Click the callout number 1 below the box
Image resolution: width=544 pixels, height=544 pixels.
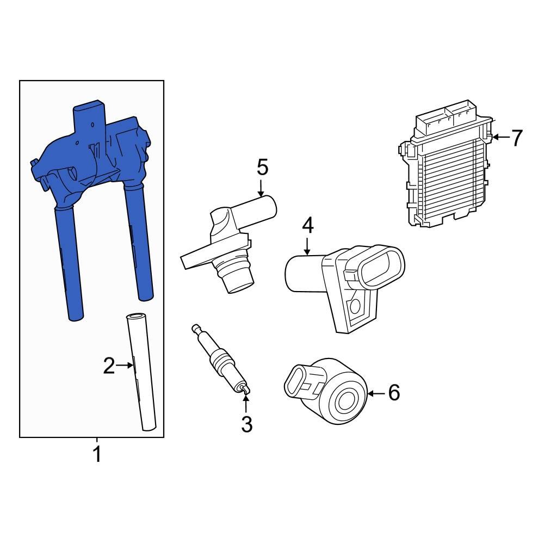pyautogui.click(x=97, y=454)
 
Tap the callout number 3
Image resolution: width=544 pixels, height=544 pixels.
pyautogui.click(x=246, y=424)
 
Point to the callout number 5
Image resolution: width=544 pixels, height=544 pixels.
pyautogui.click(x=262, y=167)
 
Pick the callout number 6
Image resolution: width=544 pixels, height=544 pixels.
pyautogui.click(x=393, y=392)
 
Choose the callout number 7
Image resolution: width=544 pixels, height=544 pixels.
pyautogui.click(x=516, y=138)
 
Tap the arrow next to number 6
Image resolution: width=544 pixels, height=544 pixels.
pyautogui.click(x=376, y=392)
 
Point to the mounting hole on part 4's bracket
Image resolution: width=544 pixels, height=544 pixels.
pyautogui.click(x=355, y=306)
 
